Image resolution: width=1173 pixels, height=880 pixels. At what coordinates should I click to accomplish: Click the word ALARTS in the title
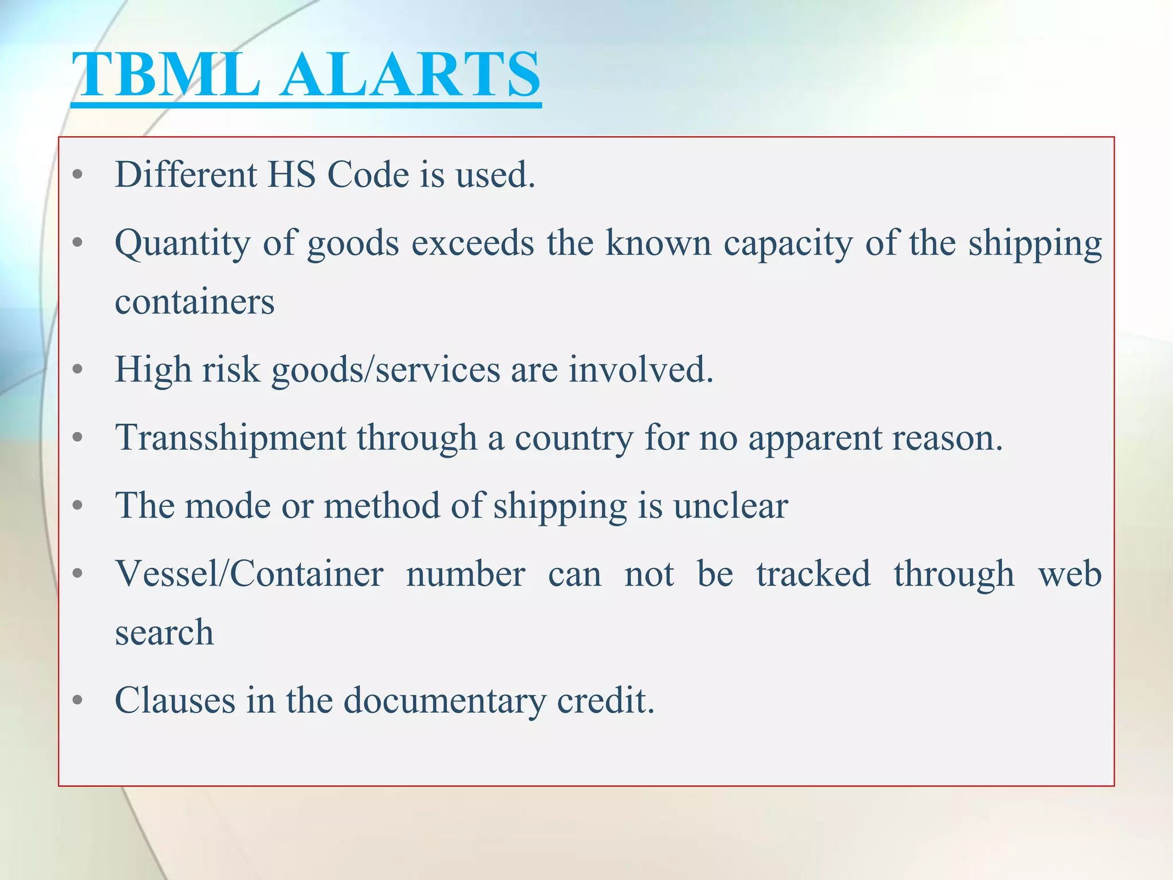410,74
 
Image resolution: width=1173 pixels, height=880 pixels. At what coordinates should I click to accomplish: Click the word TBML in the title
166,74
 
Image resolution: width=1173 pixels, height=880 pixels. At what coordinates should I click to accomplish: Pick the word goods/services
385,370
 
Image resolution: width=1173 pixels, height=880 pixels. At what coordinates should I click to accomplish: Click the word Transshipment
230,438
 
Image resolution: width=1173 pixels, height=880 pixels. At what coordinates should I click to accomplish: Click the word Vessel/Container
249,574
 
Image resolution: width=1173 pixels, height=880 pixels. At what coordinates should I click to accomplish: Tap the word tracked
813,574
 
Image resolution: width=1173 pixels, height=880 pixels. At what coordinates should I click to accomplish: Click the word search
164,633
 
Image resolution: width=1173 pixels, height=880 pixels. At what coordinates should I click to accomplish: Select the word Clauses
175,700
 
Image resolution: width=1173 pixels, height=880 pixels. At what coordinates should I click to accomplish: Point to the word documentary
444,701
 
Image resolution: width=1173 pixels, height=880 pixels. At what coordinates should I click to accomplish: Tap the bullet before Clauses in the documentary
78,700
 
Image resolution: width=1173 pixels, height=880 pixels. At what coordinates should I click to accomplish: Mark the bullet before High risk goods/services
78,370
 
